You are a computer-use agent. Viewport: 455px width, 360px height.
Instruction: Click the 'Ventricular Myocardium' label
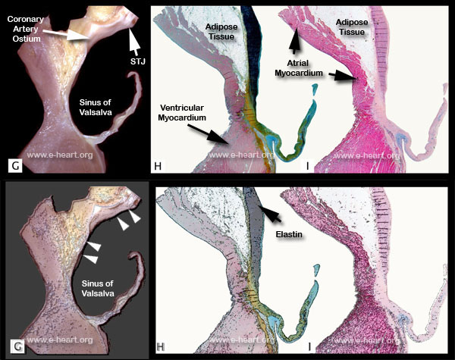coord(183,111)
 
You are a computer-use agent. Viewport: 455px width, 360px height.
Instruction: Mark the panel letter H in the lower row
coord(160,348)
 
